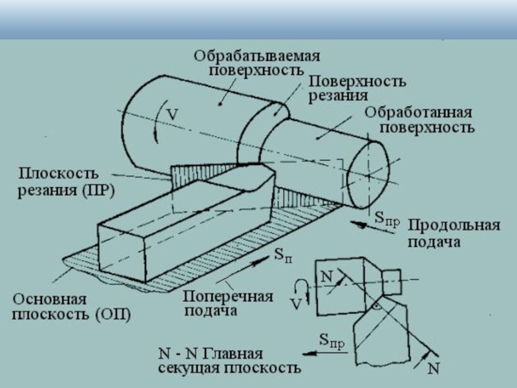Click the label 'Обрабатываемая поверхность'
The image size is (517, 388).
[x=257, y=63]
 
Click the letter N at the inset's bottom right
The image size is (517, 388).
[x=434, y=369]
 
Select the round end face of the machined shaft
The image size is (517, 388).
[x=367, y=174]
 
